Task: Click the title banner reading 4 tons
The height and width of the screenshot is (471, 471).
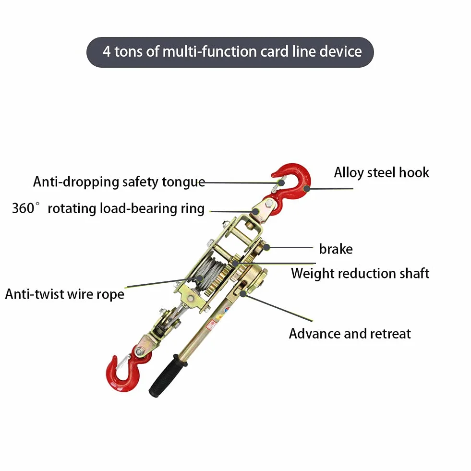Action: [230, 52]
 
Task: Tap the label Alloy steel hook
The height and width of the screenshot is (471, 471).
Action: [382, 173]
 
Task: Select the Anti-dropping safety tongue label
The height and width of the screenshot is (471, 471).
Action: [119, 182]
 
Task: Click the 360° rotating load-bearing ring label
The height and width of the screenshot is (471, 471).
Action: [108, 208]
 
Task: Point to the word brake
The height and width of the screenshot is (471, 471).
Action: [336, 249]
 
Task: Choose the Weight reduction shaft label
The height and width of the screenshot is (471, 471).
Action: [360, 274]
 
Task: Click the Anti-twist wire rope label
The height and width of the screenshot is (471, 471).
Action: [65, 294]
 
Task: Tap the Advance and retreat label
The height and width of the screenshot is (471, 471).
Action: [350, 334]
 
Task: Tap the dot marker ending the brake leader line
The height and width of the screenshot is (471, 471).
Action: [266, 248]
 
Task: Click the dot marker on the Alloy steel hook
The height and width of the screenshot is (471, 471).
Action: [306, 189]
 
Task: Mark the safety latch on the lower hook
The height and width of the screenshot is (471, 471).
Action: [122, 362]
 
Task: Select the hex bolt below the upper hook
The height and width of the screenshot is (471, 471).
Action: [269, 204]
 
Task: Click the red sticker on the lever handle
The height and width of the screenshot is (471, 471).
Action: [212, 324]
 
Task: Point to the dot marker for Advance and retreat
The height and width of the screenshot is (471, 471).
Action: [243, 293]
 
